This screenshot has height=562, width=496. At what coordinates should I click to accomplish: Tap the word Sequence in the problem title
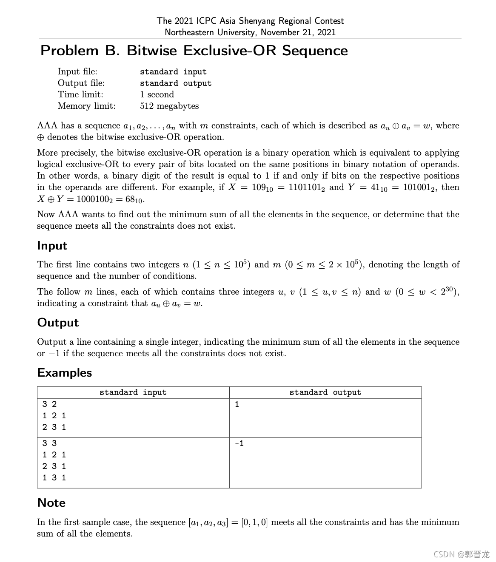tap(315, 51)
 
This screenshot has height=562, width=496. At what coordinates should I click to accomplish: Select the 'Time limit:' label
tap(80, 94)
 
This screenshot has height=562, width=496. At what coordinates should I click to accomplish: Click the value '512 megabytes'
tap(169, 106)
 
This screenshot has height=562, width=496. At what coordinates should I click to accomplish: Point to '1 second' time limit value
tap(157, 94)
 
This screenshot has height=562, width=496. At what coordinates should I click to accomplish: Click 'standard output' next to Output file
tap(176, 83)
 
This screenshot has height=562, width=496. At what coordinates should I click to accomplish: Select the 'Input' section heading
tap(52, 246)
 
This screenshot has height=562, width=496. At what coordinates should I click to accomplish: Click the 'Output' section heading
tap(58, 323)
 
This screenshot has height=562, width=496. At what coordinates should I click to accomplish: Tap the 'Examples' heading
tap(65, 373)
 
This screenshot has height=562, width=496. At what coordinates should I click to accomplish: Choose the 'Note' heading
tap(51, 503)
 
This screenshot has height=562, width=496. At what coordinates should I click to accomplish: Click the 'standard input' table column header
tap(133, 392)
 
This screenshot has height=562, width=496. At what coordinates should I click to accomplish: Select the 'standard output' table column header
tap(325, 392)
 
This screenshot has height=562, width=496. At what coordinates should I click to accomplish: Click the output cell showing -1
tap(239, 443)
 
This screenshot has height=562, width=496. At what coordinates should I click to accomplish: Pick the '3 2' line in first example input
tap(49, 404)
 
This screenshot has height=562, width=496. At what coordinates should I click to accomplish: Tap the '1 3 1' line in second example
tap(54, 477)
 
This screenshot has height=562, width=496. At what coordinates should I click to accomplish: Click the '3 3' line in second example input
tap(49, 443)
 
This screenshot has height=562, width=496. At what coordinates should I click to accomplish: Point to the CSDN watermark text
tap(461, 554)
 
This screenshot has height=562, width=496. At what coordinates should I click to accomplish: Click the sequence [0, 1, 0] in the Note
tap(254, 522)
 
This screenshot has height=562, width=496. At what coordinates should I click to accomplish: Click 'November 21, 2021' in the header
tap(298, 32)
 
